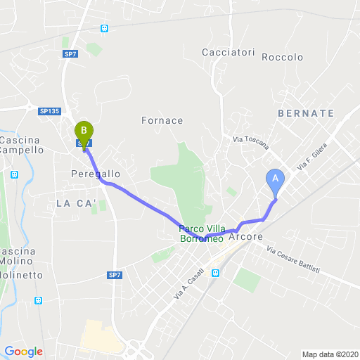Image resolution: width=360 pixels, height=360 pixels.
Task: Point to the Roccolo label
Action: [282, 58]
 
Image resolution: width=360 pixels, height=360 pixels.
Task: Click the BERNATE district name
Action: [306, 112]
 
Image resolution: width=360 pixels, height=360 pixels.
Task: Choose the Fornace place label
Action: [162, 120]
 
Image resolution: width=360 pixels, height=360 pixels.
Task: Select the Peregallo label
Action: [96, 173]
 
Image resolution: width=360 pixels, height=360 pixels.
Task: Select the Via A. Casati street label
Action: [188, 284]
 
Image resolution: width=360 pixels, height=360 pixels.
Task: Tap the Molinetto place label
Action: [21, 275]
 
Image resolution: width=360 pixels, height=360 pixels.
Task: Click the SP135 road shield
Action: [49, 110]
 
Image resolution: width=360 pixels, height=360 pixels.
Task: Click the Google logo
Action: [23, 352]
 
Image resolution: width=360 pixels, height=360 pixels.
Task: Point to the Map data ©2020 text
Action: [330, 354]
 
